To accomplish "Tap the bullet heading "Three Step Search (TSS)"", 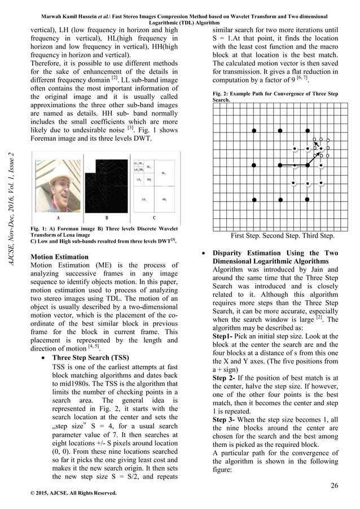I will tap(90, 357).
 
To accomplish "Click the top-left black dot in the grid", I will tap(254, 130).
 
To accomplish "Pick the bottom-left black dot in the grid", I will tap(254, 200).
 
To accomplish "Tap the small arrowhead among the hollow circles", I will tap(316, 145).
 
